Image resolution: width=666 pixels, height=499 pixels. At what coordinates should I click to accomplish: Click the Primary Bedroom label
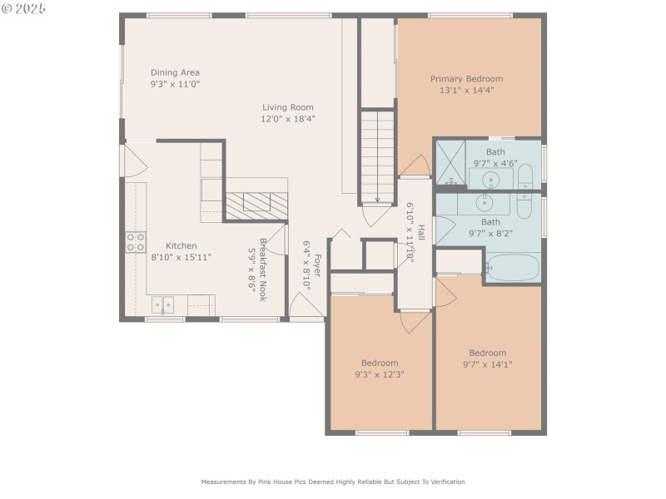click(x=466, y=79)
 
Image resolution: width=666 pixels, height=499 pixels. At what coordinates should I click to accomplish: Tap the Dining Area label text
click(x=175, y=72)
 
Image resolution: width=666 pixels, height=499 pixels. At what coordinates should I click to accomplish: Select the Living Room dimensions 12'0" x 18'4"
click(x=288, y=119)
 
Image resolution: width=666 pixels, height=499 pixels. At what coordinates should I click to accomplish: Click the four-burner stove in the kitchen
click(x=135, y=242)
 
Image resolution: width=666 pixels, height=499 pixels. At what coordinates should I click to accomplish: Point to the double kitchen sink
click(x=162, y=305)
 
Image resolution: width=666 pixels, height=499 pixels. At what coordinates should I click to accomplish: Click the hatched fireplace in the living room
click(x=257, y=205)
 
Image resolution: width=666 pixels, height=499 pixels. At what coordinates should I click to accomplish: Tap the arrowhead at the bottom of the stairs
click(x=377, y=200)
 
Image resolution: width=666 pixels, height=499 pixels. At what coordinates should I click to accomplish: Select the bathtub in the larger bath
click(x=512, y=268)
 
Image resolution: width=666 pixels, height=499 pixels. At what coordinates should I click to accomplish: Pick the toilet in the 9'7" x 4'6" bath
click(x=525, y=177)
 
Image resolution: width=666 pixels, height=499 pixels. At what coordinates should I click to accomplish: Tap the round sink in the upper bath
click(x=492, y=179)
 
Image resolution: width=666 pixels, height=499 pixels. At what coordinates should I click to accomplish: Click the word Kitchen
click(x=181, y=245)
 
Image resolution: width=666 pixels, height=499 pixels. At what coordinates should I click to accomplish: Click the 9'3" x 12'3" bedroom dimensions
click(x=379, y=374)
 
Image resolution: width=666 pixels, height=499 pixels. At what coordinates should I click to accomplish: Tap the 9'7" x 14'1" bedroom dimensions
click(x=487, y=364)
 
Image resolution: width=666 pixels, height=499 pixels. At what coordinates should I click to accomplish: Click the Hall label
click(x=421, y=233)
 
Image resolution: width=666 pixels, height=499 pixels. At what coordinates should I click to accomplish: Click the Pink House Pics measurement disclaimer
click(x=333, y=482)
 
